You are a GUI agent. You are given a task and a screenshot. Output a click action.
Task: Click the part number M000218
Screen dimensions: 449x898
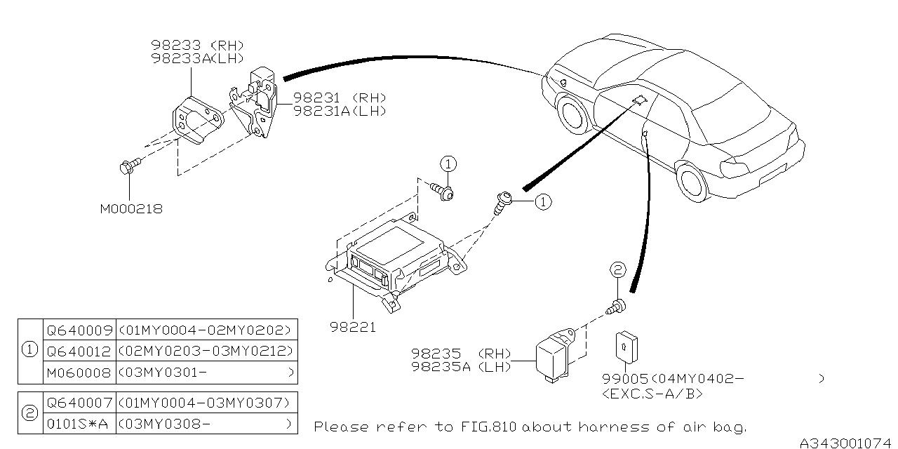[x=131, y=209]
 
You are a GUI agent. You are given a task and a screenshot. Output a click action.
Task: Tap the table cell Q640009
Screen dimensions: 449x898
[x=78, y=330]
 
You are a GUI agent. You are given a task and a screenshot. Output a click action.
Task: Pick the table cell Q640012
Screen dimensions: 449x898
[x=78, y=351]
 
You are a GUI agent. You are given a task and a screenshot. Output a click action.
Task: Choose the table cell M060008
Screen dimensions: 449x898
[x=78, y=372]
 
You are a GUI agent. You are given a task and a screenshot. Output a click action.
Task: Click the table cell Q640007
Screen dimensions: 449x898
[x=78, y=403]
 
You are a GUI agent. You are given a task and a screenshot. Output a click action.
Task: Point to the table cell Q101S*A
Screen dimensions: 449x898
[x=78, y=424]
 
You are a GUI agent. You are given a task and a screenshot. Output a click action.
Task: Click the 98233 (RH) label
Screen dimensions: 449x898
[x=196, y=45]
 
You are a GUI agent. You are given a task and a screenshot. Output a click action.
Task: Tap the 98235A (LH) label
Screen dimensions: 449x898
[x=462, y=367]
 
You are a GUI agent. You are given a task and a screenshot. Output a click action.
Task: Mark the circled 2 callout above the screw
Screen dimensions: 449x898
[x=617, y=270]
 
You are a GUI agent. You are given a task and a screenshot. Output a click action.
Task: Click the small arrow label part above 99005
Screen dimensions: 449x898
[x=626, y=344]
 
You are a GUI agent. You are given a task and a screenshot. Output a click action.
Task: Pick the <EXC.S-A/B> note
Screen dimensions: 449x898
[x=652, y=394]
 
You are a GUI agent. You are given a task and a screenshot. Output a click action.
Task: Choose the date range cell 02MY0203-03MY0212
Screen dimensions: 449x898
[x=206, y=351]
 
